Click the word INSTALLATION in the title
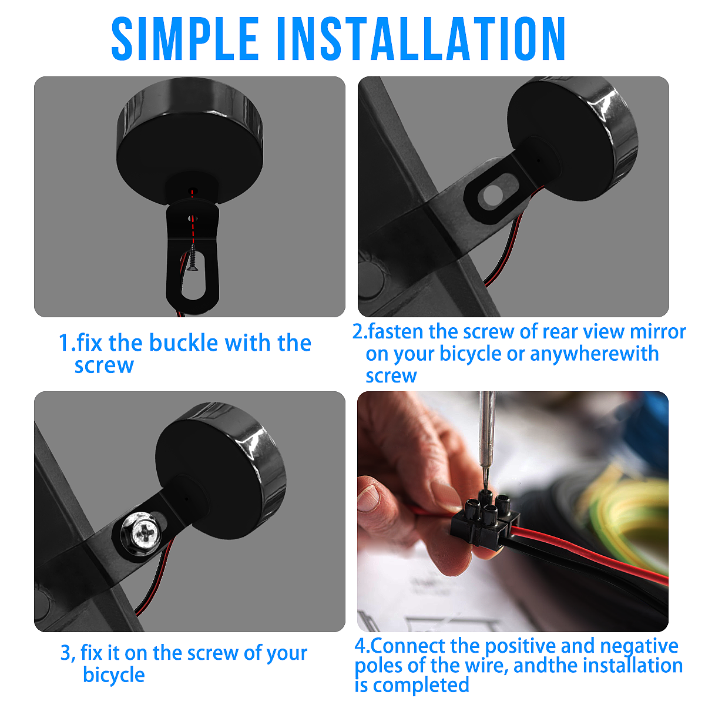(421, 38)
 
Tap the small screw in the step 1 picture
(193, 257)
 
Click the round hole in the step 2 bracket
(492, 195)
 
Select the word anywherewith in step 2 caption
(594, 354)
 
